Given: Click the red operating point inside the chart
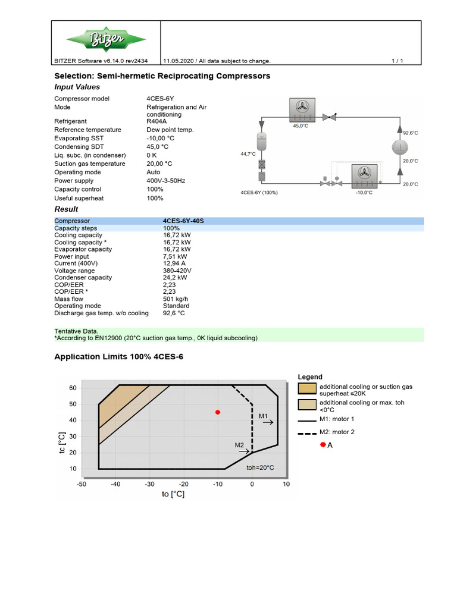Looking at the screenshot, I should click(x=218, y=412).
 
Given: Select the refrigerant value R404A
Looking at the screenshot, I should click(x=157, y=121).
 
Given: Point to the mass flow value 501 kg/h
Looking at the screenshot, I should click(x=176, y=299).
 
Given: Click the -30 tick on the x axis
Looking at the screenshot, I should click(x=149, y=484).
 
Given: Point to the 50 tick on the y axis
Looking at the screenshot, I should click(x=73, y=404).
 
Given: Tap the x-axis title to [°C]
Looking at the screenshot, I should click(x=174, y=494).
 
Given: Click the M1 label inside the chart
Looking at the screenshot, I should click(x=264, y=416).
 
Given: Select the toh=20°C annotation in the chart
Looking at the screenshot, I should click(x=260, y=467).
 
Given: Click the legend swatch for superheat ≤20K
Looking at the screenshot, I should click(x=307, y=389).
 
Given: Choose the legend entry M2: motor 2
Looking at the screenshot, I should click(x=337, y=432).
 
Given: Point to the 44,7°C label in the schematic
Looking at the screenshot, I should click(x=248, y=154).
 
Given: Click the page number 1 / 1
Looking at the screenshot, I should click(x=397, y=61).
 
